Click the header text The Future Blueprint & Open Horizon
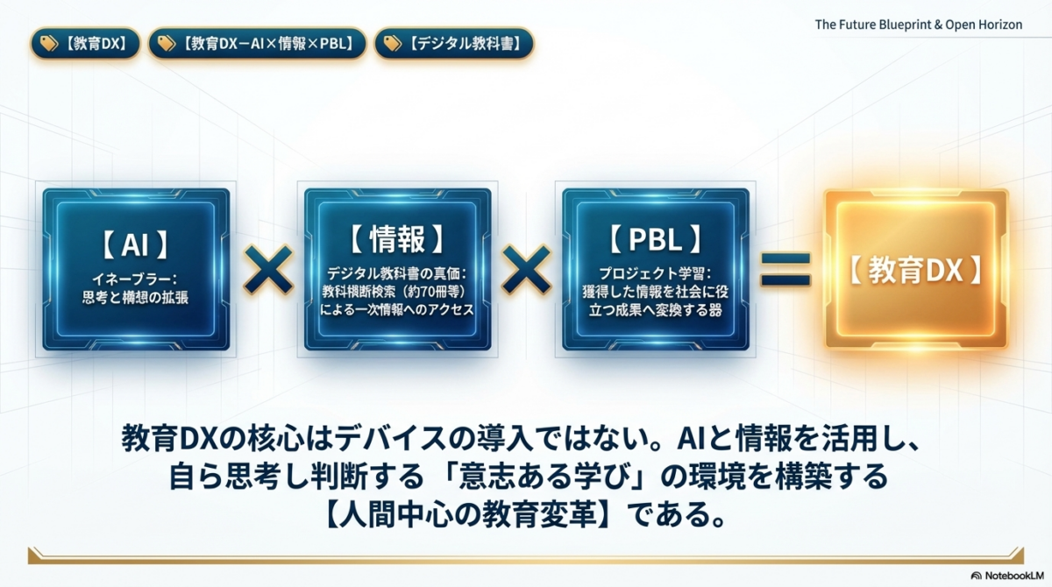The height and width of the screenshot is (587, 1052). coord(918,25)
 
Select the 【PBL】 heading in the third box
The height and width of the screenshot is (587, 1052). coord(656,238)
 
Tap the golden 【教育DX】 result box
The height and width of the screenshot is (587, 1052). coord(915,270)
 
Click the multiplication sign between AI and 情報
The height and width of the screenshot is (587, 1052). coord(267,270)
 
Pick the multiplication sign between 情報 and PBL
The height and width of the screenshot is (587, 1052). coord(527,270)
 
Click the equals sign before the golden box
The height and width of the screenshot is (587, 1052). coord(785,270)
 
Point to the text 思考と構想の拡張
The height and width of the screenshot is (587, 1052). coord(135,298)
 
